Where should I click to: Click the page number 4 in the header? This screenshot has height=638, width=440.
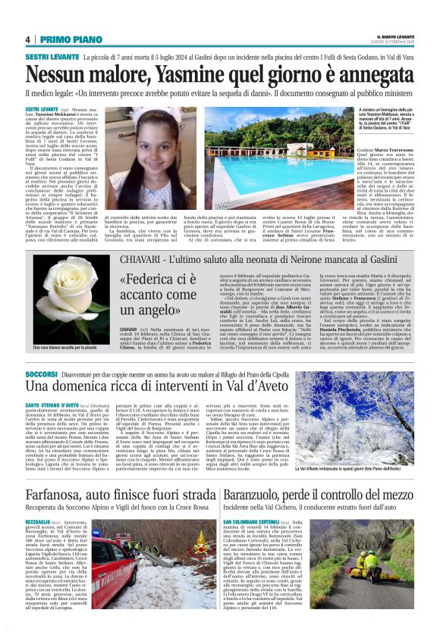pyautogui.click(x=27, y=39)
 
